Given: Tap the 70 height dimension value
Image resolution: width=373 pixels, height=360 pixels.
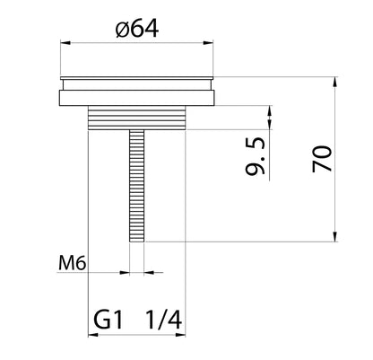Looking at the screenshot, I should [x=323, y=161].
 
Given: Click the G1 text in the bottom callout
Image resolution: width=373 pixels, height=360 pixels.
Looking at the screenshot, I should [x=110, y=320].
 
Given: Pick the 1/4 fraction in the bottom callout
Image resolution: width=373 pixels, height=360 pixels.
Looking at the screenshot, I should [x=162, y=320].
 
